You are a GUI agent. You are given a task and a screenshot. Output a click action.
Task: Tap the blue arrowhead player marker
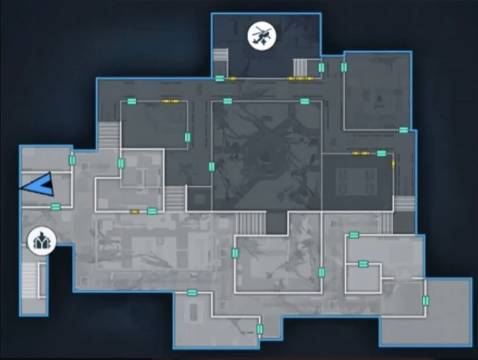pos(37,184)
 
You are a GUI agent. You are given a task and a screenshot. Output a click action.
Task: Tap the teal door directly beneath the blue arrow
pos(55,207)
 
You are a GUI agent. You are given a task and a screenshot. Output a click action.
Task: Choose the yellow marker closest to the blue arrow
pos(135,212)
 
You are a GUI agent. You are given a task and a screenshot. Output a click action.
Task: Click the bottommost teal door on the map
pos(259,329)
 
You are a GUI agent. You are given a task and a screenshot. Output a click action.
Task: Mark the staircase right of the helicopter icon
pos(302,65)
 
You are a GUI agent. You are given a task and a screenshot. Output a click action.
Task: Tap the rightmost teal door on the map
pos(425,300)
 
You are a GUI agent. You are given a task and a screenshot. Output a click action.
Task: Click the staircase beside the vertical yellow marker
pos(404,204)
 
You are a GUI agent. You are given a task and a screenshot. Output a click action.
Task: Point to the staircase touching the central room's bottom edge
pos(251,222)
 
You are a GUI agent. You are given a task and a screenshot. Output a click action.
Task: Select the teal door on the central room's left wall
pos(211,167)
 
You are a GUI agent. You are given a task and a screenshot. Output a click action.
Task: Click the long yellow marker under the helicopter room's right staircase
pos(300,78)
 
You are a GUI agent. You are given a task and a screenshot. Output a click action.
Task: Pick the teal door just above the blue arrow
pos(72,160)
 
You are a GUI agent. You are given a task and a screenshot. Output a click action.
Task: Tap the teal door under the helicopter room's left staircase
pos(219,78)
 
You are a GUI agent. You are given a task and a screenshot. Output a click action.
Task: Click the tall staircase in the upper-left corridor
pos(109,137)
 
